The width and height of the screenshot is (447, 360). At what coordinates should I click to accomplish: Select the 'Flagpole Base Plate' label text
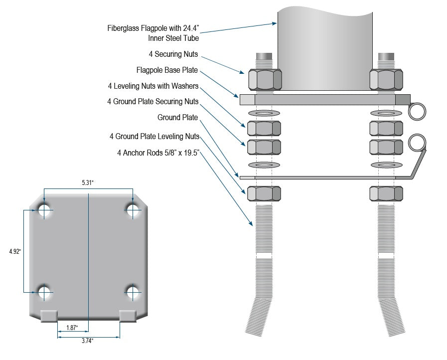click(167, 70)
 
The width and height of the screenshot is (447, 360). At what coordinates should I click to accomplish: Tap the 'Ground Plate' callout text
click(177, 118)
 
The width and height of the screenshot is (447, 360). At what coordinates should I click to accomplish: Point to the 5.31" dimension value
click(88, 183)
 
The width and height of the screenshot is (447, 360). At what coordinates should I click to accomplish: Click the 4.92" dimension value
click(15, 251)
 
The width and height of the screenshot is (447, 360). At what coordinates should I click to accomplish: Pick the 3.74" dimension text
click(87, 341)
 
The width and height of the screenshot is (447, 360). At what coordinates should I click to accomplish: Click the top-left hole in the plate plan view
click(44, 211)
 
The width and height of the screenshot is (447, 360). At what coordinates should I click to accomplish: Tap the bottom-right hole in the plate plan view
click(133, 292)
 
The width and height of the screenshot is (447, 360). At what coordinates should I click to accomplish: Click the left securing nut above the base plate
click(265, 79)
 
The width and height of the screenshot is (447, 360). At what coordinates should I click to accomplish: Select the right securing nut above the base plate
click(386, 79)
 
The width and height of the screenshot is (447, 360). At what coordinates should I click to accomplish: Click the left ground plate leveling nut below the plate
click(264, 193)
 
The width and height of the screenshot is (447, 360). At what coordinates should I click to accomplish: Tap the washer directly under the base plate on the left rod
click(264, 113)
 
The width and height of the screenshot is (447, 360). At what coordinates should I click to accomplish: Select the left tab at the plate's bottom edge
click(49, 315)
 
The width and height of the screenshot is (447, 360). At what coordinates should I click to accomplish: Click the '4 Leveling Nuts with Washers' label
click(156, 86)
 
